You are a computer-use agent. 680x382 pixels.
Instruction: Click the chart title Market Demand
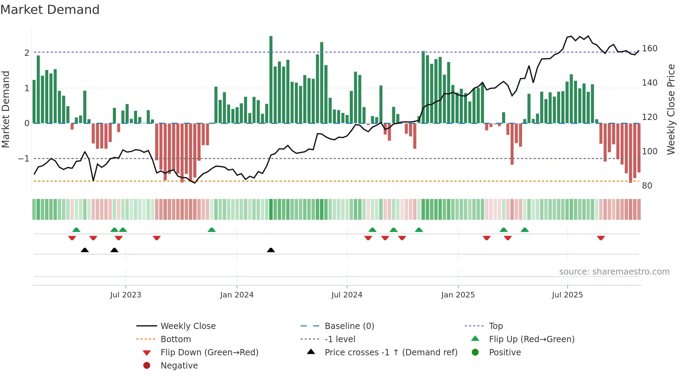coord(50,10)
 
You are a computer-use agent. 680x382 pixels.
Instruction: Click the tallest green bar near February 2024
coord(271,80)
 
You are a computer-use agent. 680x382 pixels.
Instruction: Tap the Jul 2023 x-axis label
coord(126,295)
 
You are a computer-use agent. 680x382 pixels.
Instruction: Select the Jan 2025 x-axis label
coord(458,295)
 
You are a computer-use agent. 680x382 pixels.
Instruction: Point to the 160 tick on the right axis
coord(649,49)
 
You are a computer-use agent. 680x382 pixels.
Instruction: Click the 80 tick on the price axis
coord(647,186)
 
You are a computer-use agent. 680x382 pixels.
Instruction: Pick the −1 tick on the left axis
coord(24,159)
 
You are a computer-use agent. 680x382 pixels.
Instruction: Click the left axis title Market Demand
coord(6,109)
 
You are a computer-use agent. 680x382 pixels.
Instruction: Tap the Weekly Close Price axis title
coord(671,109)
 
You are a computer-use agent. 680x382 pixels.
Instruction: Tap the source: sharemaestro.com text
coord(614,272)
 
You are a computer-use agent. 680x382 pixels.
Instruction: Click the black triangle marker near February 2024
coord(271,250)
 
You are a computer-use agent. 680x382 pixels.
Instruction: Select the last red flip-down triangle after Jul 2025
coord(601,238)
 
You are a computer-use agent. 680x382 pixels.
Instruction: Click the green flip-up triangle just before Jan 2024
coord(212,230)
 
